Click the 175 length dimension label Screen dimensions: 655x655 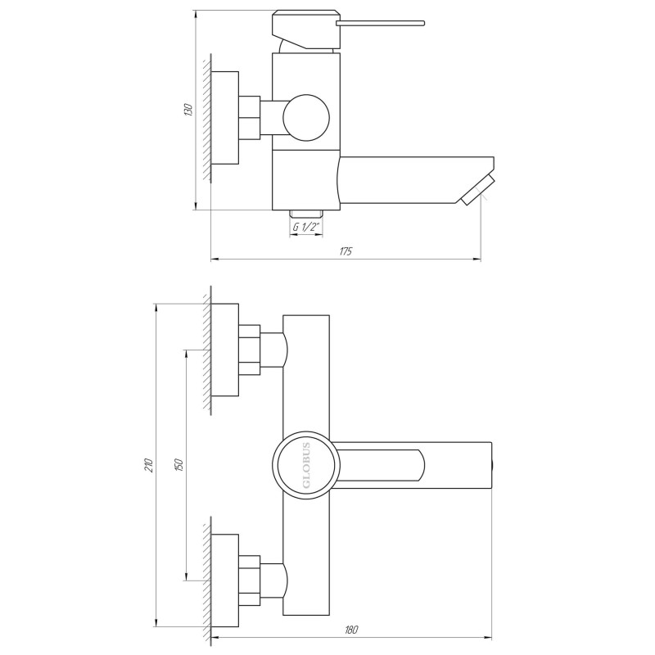(346, 251)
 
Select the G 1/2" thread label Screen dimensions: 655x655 (304, 227)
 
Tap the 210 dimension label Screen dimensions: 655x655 (148, 466)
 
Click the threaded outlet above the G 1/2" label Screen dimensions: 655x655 (304, 211)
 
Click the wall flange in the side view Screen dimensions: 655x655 (225, 116)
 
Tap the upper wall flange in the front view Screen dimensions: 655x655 (225, 350)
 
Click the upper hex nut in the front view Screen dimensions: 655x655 (249, 350)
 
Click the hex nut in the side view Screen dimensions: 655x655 (249, 116)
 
